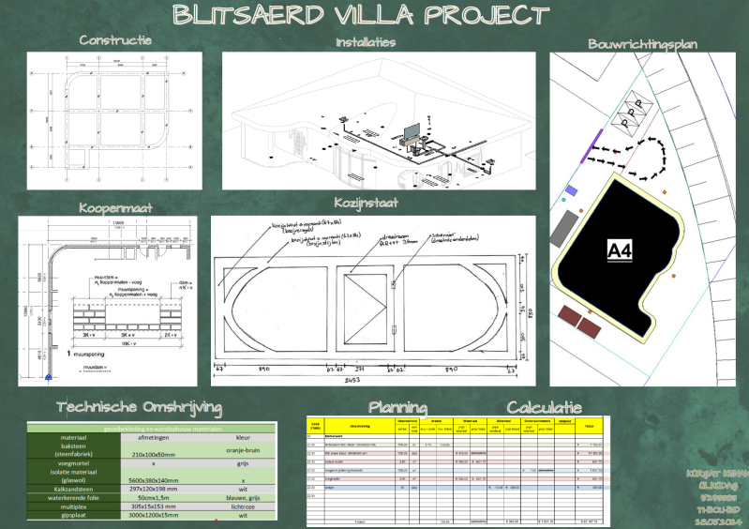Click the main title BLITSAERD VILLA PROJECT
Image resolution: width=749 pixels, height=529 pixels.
click(361, 16)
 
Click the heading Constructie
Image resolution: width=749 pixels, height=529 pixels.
click(115, 40)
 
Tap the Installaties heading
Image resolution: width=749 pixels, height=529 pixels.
click(366, 42)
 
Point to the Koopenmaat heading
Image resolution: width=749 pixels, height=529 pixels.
click(114, 206)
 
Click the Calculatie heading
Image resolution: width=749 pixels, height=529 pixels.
click(545, 408)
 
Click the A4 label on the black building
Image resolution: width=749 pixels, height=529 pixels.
click(620, 250)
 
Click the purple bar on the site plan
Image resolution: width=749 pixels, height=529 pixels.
click(592, 148)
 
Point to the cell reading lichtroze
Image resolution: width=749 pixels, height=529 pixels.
click(243, 506)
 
